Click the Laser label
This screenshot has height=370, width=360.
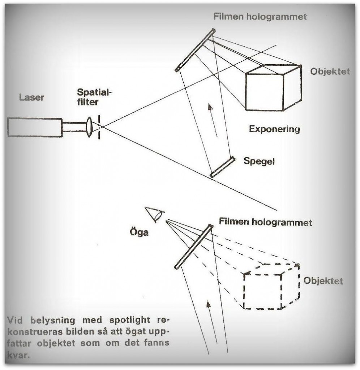pyautogui.click(x=31, y=97)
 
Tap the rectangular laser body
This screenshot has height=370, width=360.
pyautogui.click(x=35, y=127)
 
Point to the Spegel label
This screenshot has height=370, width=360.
pyautogui.click(x=259, y=161)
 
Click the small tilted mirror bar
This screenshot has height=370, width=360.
pyautogui.click(x=223, y=167)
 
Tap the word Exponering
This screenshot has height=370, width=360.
pyautogui.click(x=274, y=129)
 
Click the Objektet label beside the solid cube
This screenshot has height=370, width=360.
pyautogui.click(x=330, y=72)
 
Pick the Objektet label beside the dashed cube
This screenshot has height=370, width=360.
pyautogui.click(x=323, y=280)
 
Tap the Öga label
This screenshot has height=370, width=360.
pyautogui.click(x=139, y=232)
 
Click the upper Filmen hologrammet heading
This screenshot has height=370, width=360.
pyautogui.click(x=260, y=17)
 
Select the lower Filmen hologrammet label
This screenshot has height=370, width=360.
pyautogui.click(x=265, y=222)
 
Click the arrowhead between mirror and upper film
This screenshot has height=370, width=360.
pyautogui.click(x=210, y=107)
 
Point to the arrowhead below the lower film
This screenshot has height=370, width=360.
pyautogui.click(x=208, y=304)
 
